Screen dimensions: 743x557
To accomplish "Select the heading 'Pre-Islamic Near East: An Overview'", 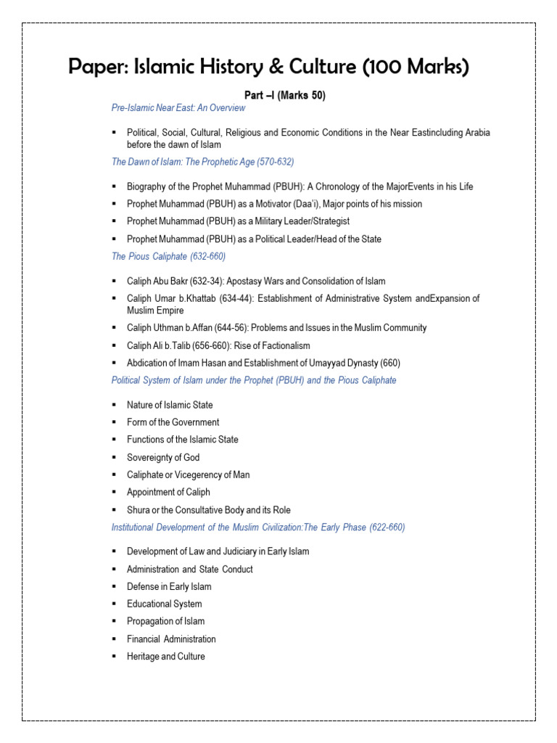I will [178, 108].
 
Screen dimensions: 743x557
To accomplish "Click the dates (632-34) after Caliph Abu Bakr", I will [204, 281].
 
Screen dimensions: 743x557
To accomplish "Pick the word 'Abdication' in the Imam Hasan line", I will [148, 363].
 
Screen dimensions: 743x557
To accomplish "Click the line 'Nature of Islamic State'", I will [170, 405].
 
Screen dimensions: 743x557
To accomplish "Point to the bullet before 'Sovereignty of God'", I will [115, 458].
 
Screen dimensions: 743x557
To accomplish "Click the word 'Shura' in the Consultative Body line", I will [138, 510].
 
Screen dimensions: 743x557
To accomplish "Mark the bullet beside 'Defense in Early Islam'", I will [115, 587].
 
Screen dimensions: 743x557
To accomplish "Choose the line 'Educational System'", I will [164, 604].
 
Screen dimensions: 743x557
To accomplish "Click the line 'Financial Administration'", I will [171, 639].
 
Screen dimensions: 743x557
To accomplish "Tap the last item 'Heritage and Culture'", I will [165, 657].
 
